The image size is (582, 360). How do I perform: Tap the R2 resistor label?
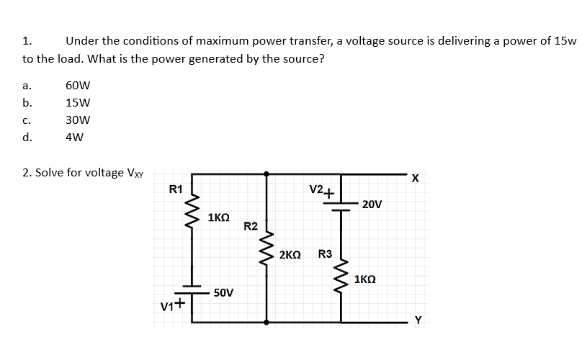click(251, 227)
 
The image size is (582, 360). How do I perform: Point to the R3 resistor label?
click(325, 254)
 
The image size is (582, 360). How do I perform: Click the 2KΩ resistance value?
click(290, 255)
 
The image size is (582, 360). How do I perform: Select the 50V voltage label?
click(223, 293)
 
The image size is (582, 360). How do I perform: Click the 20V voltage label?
click(372, 204)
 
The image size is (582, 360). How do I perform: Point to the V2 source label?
click(316, 190)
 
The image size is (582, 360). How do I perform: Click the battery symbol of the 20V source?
click(341, 204)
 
